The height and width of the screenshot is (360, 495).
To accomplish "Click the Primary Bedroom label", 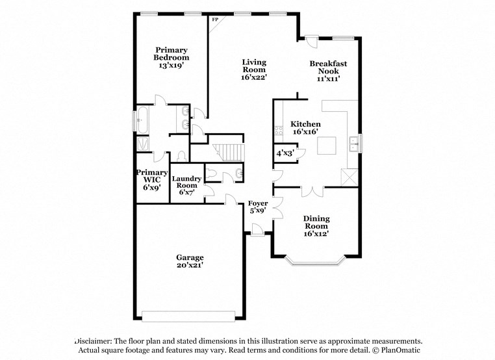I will click(x=171, y=58).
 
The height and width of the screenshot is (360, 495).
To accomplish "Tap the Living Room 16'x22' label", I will click(x=254, y=70).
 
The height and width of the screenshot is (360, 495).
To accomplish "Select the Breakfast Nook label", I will click(x=328, y=71).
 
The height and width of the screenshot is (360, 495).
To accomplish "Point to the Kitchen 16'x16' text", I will click(x=305, y=128).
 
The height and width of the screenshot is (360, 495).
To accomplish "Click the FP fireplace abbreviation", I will click(x=215, y=19).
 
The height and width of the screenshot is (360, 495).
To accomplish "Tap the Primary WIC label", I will click(x=151, y=180).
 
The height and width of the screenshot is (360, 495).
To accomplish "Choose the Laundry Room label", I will click(x=186, y=185).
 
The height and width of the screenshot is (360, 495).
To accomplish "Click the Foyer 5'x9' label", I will click(x=259, y=207).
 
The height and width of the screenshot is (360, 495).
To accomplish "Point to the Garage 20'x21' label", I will click(x=190, y=261).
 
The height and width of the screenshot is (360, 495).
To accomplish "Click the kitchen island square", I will click(x=327, y=146).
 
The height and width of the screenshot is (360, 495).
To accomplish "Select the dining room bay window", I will click(x=315, y=262).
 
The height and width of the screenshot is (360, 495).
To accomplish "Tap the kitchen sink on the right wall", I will click(x=354, y=143).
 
